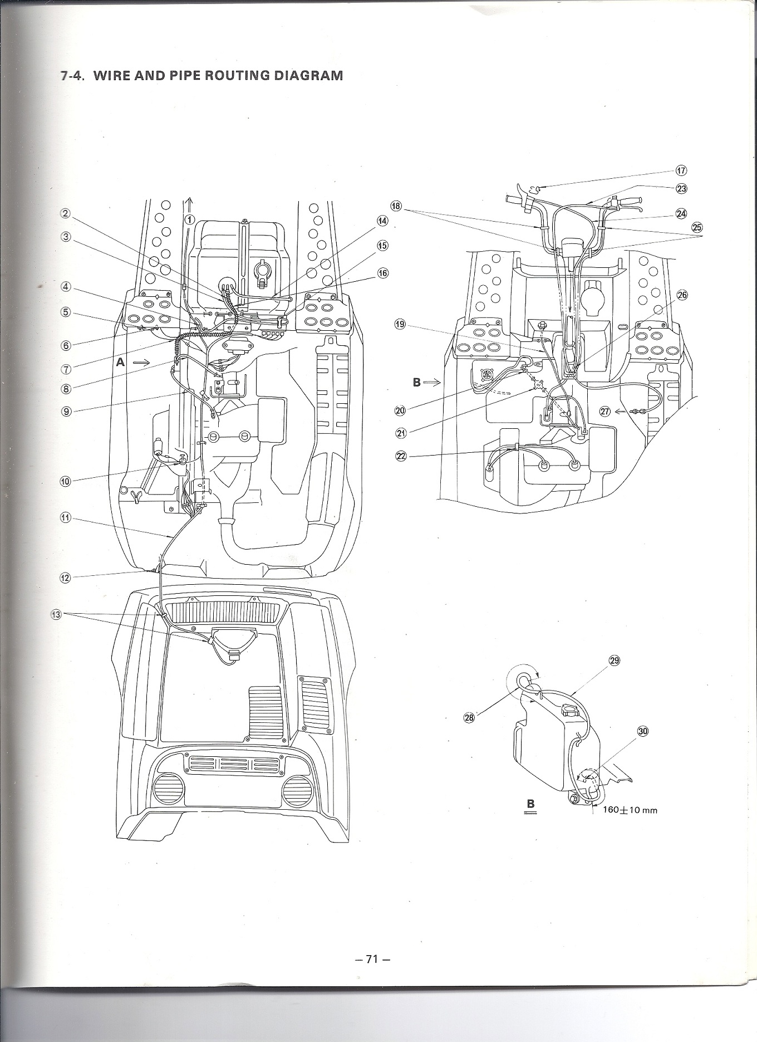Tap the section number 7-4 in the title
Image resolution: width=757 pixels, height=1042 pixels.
(x=72, y=76)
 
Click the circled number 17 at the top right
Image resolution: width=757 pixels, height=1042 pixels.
(x=682, y=171)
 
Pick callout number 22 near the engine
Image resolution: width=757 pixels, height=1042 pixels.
(x=401, y=456)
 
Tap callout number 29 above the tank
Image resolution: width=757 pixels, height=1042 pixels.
(x=615, y=661)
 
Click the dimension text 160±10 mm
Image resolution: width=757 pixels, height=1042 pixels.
(x=629, y=810)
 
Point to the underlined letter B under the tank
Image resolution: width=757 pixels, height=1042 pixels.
(x=530, y=804)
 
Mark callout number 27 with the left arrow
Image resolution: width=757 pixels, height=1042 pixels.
(x=605, y=412)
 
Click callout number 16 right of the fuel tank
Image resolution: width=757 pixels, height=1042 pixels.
(x=383, y=273)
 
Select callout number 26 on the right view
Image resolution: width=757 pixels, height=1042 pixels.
(x=682, y=295)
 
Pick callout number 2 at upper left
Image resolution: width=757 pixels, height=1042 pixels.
(x=66, y=213)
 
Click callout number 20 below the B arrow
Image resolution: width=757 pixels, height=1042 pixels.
(x=400, y=410)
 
